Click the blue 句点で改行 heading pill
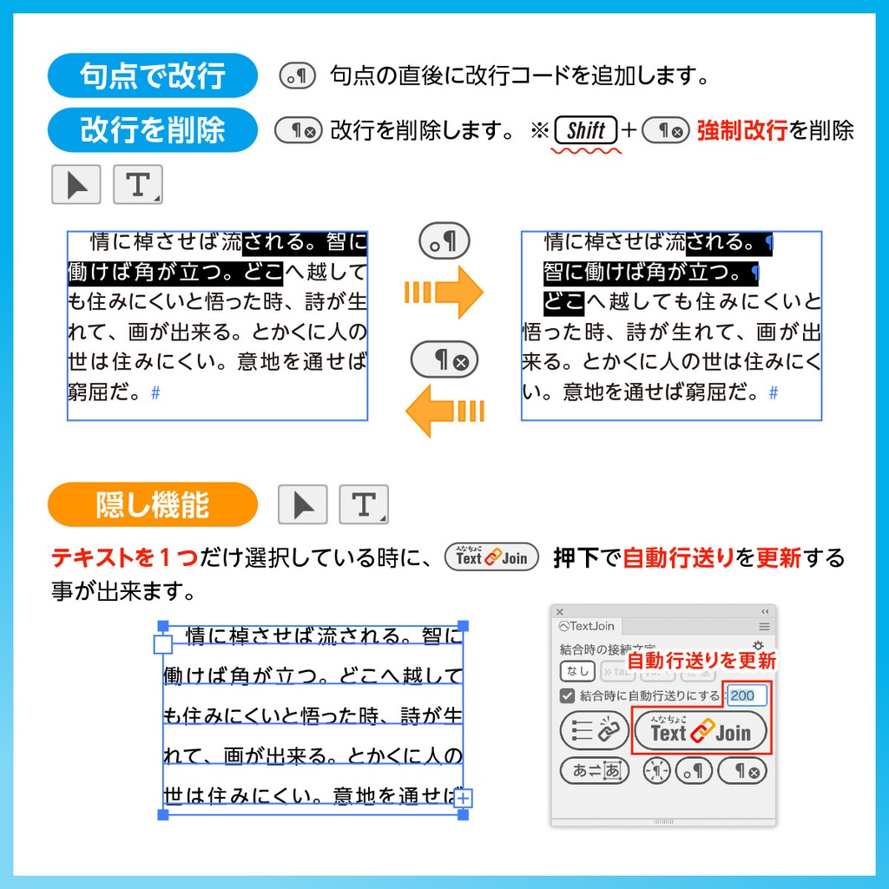[152, 76]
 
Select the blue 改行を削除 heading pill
[152, 130]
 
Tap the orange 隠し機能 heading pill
[152, 505]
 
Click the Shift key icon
[585, 131]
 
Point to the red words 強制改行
[741, 131]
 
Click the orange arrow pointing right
[444, 292]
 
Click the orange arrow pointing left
[444, 410]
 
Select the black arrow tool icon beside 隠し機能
[302, 505]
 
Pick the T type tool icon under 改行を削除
[137, 185]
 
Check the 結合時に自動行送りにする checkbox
[567, 695]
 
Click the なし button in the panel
[577, 671]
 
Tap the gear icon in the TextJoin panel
[758, 646]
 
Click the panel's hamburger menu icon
[764, 626]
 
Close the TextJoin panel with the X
[560, 612]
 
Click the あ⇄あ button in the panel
[595, 770]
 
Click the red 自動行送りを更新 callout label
[701, 661]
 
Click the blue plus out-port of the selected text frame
[464, 798]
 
